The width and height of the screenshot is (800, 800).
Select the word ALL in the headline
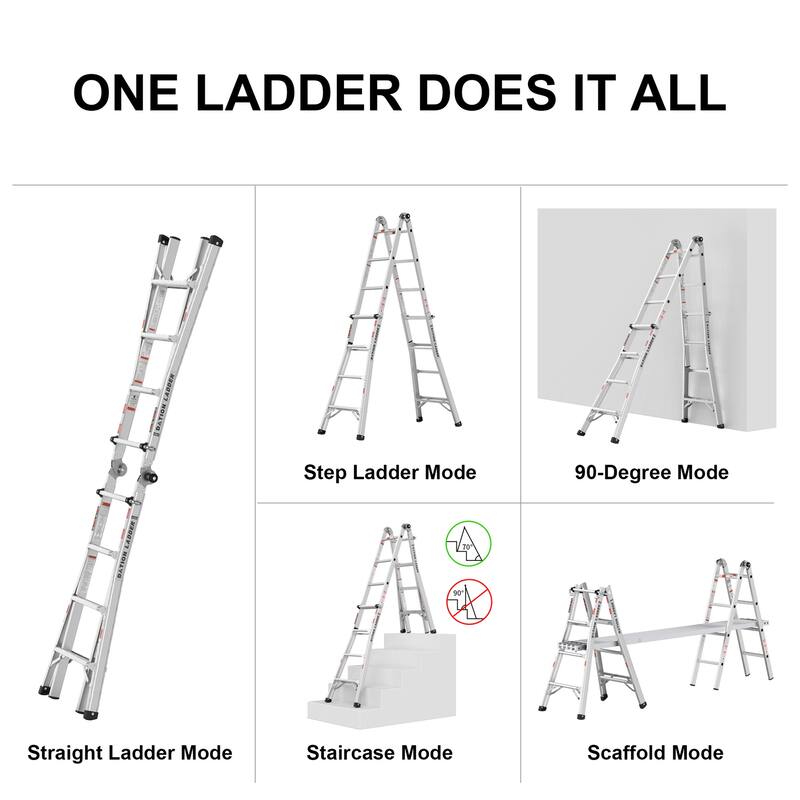(x=669, y=91)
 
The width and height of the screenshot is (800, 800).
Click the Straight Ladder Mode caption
(x=130, y=753)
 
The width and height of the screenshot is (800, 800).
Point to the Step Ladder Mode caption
(x=390, y=472)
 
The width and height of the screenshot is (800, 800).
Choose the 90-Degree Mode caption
(x=651, y=472)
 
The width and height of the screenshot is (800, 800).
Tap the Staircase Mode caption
(x=379, y=753)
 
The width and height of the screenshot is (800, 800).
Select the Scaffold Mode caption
(x=655, y=753)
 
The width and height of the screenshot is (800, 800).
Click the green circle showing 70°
(x=467, y=544)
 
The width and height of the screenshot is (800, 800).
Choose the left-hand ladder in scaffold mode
(x=580, y=645)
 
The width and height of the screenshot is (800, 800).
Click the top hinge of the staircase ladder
(x=395, y=530)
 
